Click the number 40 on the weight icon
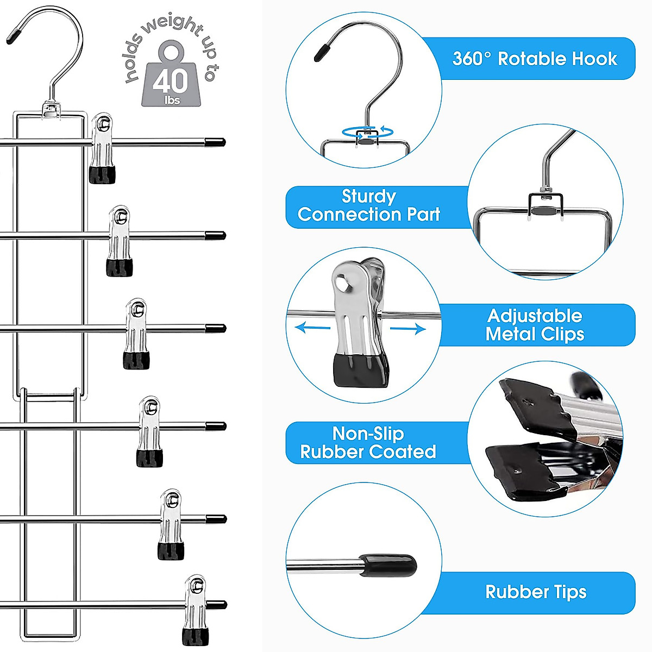click(170, 80)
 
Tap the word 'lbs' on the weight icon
click(172, 100)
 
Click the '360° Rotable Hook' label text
click(535, 59)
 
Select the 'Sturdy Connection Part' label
click(369, 205)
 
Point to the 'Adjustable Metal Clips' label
click(535, 325)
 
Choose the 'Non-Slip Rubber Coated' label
click(368, 443)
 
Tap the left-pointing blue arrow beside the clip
click(312, 328)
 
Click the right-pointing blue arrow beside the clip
click(407, 329)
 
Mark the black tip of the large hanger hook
click(13, 35)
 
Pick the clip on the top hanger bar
click(102, 148)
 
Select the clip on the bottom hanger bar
click(196, 610)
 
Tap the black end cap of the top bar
click(215, 142)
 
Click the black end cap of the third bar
click(216, 328)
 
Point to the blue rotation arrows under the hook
click(368, 132)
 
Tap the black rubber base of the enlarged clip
click(361, 370)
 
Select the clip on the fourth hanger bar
click(149, 432)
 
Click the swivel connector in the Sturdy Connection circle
click(545, 203)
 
